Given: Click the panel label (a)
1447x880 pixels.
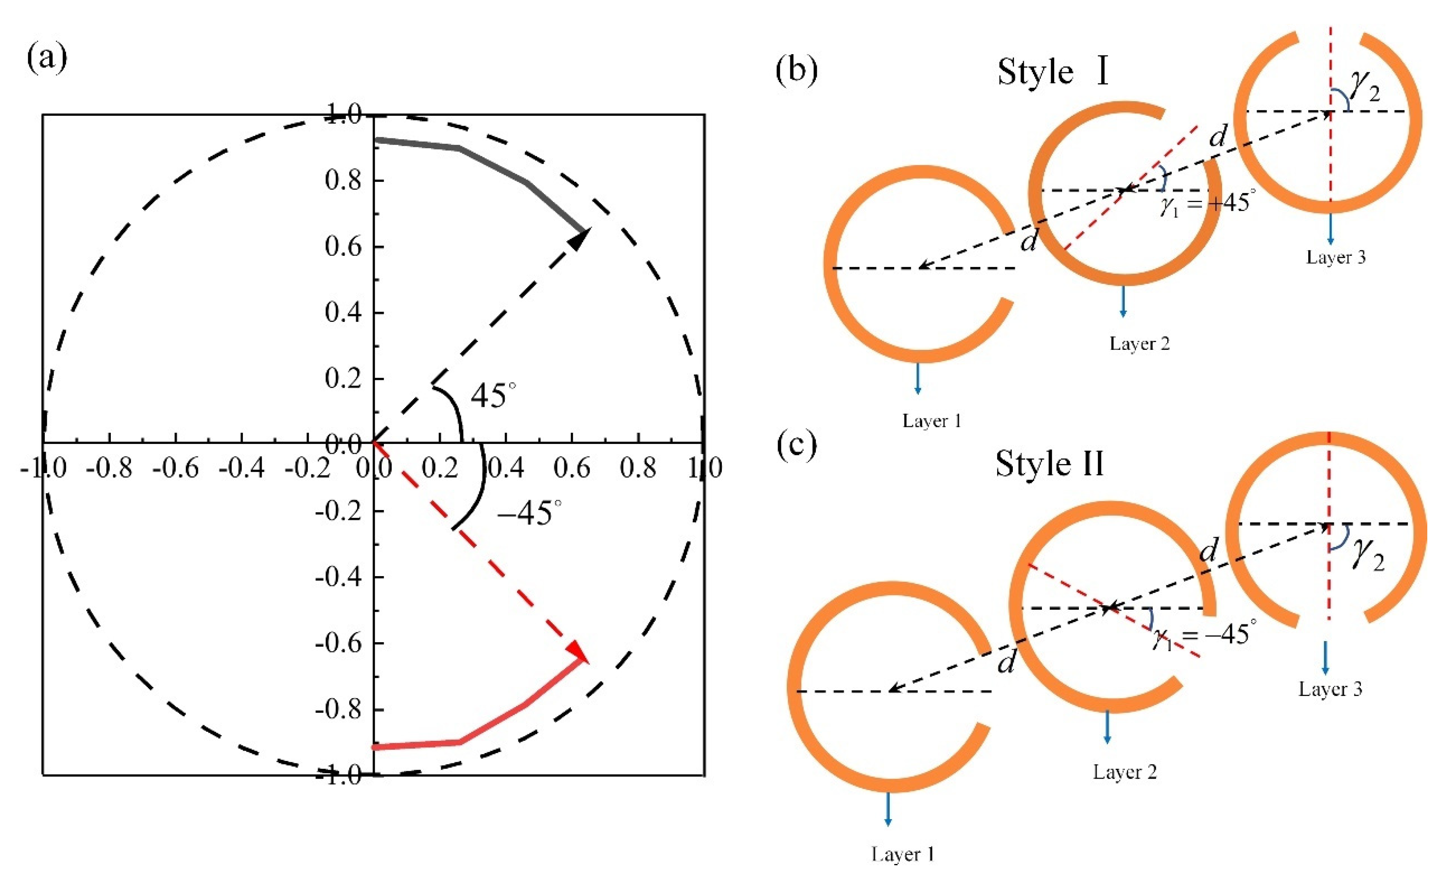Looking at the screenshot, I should coord(47,59).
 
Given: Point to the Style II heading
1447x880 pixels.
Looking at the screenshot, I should coord(1049,464).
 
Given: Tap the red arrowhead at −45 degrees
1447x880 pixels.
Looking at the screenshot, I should coord(578,651).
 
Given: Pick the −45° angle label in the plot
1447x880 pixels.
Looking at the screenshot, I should coord(529,512).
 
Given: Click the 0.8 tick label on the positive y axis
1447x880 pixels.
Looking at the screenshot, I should coord(343,180).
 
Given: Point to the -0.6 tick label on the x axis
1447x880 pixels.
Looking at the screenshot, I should coord(176,468).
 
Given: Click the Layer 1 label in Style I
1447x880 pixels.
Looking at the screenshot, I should coord(932,420).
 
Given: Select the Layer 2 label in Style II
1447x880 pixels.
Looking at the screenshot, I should coord(1124,771).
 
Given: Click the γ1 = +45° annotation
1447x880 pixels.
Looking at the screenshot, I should coord(1204,204).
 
